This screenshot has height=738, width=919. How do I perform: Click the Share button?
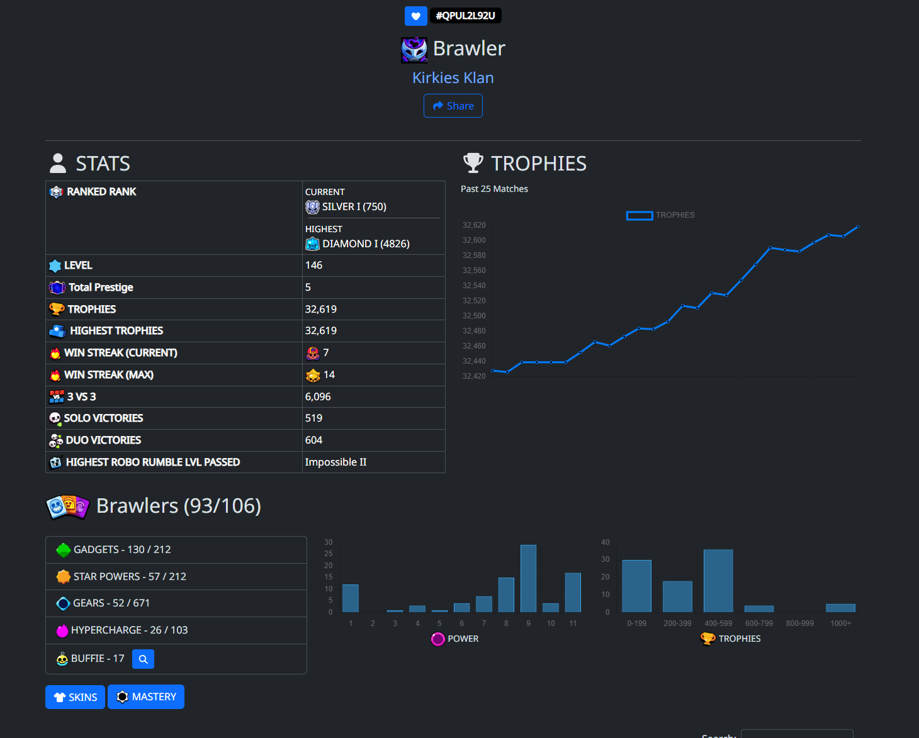[453, 106]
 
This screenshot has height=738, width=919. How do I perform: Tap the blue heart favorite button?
[416, 16]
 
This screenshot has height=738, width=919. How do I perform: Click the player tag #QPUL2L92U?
[465, 16]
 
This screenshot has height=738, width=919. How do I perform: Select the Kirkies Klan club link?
[453, 77]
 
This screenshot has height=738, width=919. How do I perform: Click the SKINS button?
[75, 697]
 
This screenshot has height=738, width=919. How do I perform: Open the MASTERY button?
[146, 696]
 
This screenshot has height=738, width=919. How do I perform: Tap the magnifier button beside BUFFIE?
[143, 659]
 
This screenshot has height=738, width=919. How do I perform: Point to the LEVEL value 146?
[314, 265]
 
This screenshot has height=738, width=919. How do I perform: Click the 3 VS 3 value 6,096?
[318, 396]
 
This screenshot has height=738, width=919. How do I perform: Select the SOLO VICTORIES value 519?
[314, 418]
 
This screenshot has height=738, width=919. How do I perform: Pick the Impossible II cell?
[335, 462]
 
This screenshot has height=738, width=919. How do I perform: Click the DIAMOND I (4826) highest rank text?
[366, 243]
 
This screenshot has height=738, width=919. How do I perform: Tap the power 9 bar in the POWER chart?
[528, 578]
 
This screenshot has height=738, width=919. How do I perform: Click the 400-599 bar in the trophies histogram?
[718, 581]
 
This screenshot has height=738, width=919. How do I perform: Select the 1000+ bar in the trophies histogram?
[840, 608]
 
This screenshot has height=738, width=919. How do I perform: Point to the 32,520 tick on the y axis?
[474, 301]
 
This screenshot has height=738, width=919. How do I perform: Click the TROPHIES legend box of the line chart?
[640, 216]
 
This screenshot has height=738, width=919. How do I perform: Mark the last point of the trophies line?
[858, 226]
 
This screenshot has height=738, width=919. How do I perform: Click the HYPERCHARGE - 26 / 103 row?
[176, 630]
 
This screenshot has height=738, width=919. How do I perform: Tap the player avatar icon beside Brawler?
[414, 50]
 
